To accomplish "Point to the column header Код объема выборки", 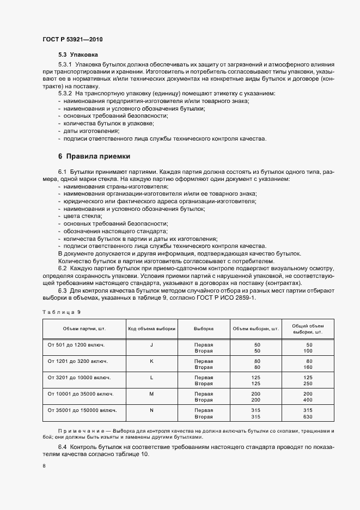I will pos(151,329).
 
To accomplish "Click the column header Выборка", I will pos(203,329).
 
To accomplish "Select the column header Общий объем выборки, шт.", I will pos(308,329).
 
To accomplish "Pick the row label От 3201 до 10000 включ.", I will pos(79,377).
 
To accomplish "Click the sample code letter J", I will pos(151,345).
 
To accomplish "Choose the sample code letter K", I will pos(151,361).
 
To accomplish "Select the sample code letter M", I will pos(151,393).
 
